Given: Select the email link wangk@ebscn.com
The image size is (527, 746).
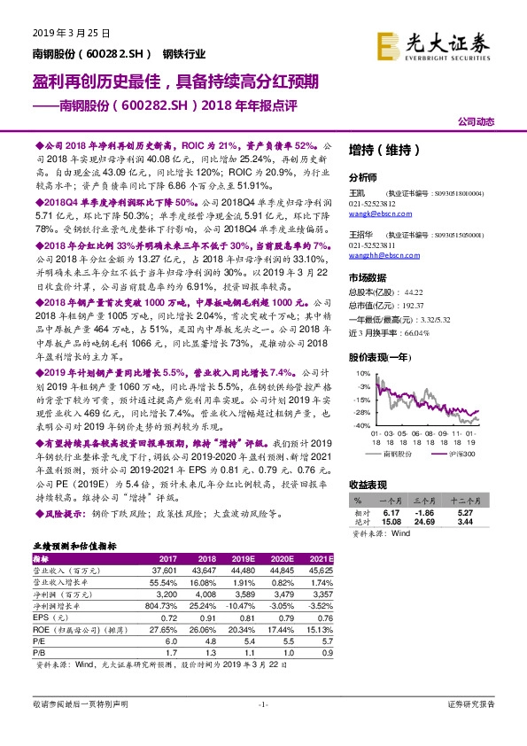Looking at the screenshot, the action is (x=374, y=214).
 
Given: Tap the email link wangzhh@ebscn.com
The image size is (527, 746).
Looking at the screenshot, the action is (x=378, y=253).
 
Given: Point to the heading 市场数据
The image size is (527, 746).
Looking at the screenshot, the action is (x=368, y=276).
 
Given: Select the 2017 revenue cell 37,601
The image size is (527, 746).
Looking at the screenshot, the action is (x=162, y=571).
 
